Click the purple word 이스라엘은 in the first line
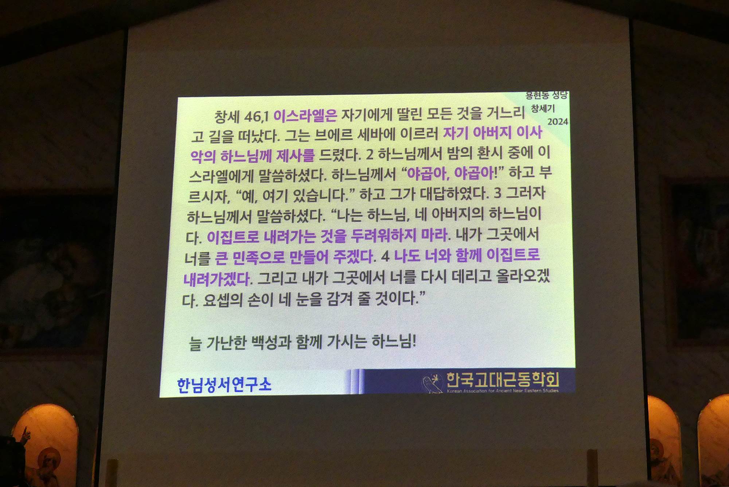305,116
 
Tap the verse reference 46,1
256,117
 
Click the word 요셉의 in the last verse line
223,300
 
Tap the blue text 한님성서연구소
224,385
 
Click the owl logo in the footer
432,383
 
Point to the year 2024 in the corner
558,121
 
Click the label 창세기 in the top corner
543,108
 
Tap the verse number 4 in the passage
385,257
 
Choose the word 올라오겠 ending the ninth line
523,277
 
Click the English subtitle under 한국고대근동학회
503,391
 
